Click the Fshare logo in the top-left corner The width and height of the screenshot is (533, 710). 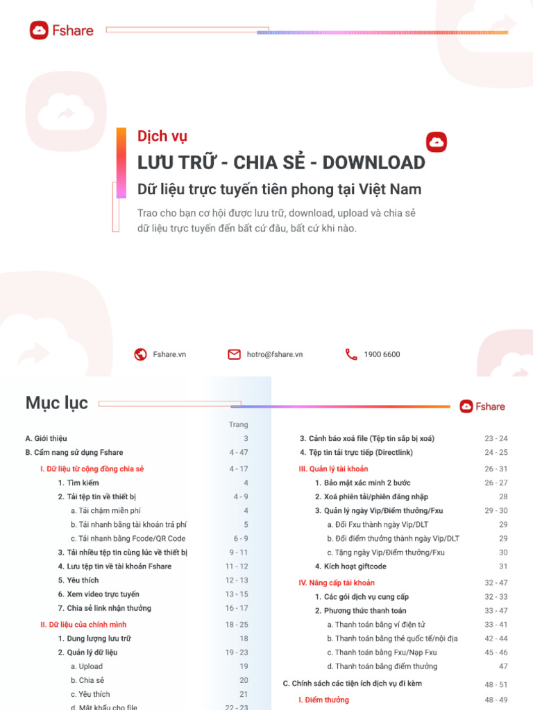61,31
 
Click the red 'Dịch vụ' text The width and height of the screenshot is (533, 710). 162,137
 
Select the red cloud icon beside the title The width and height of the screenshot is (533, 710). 437,142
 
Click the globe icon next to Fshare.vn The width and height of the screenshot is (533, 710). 141,354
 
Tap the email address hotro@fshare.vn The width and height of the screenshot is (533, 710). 275,354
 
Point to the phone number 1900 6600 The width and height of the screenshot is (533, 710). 382,354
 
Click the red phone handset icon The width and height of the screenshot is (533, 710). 351,354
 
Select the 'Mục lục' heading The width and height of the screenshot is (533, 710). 57,403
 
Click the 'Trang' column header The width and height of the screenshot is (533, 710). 238,424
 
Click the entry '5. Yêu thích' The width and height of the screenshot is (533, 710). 78,580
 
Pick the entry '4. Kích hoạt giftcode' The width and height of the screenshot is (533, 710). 350,566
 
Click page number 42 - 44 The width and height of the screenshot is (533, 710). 496,639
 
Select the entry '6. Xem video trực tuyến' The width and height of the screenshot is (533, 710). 99,594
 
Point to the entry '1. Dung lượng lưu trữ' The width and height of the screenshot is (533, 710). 94,639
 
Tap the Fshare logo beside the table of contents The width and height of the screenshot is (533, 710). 482,406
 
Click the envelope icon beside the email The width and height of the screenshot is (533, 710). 234,354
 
